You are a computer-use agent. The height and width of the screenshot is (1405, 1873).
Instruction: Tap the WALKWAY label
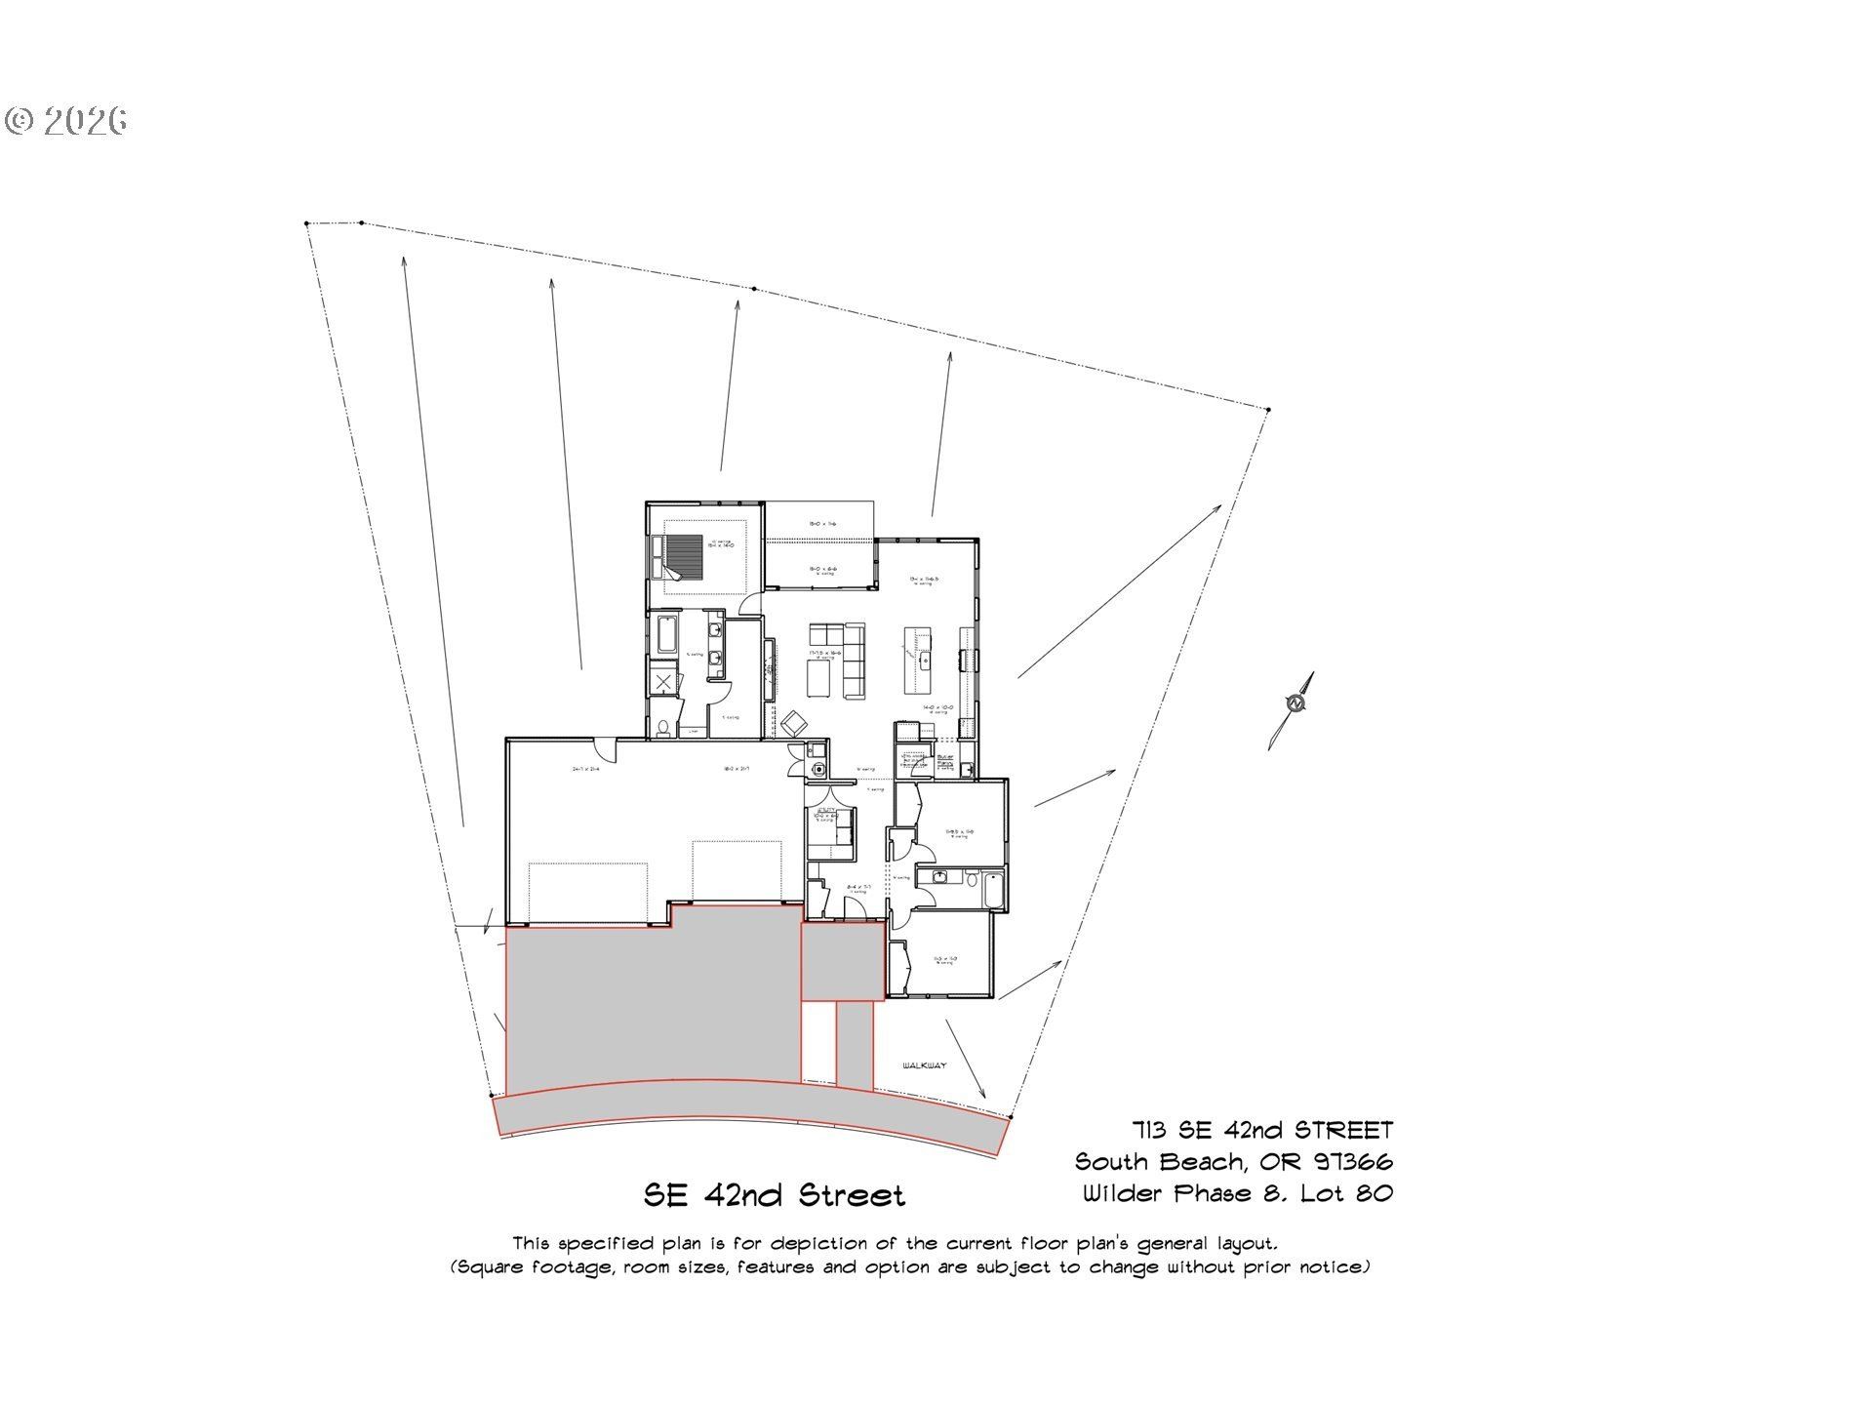point(924,1065)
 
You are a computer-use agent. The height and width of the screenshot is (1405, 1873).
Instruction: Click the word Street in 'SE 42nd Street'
point(852,1195)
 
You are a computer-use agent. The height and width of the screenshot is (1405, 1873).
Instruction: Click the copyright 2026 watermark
point(66,121)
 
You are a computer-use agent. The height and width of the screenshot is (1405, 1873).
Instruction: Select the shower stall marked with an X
point(663,681)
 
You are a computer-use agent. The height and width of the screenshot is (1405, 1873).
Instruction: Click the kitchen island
point(918,659)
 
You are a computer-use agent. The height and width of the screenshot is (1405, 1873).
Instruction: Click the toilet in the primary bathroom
point(663,727)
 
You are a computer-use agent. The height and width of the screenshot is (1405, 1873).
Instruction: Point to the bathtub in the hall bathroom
point(993,889)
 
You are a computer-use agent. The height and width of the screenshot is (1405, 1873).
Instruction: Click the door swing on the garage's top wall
point(606,749)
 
